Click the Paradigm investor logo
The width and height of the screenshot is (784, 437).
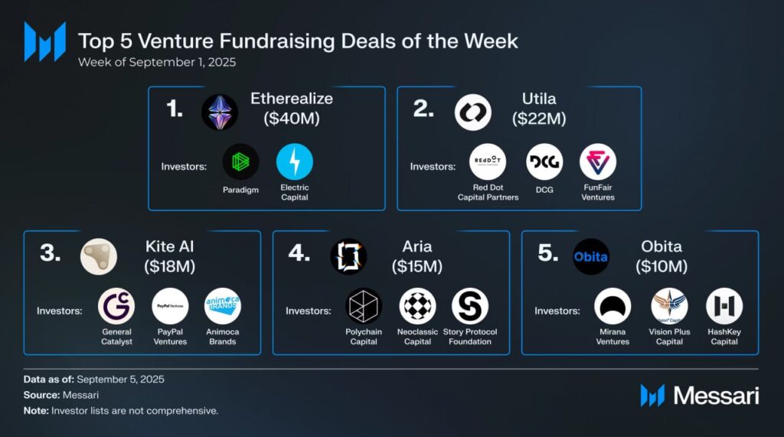point(241,161)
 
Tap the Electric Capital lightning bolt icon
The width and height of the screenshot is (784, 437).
point(295,161)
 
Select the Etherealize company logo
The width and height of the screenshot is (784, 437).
point(220,113)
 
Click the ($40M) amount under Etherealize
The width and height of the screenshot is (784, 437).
point(292,119)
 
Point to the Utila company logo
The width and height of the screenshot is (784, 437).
point(472,113)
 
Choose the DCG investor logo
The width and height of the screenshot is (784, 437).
point(544,161)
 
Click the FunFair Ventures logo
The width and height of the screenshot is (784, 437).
point(598,161)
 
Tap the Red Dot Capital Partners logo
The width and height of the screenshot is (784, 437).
point(488,161)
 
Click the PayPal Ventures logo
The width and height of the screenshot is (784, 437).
point(170,306)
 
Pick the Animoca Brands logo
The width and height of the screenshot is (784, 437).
point(223,306)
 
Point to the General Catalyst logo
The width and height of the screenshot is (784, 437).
point(116,306)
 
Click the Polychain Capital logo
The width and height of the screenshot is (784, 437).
point(364,306)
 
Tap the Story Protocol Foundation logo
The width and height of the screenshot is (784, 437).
point(470,306)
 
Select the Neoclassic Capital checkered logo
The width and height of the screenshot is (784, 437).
point(417,306)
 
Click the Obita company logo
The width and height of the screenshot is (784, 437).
point(591,256)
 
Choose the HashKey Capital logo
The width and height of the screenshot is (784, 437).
point(724,306)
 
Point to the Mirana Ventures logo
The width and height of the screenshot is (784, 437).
point(612,306)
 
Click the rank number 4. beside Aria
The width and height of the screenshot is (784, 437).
point(298,253)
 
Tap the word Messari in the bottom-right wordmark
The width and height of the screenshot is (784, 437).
point(716,396)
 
